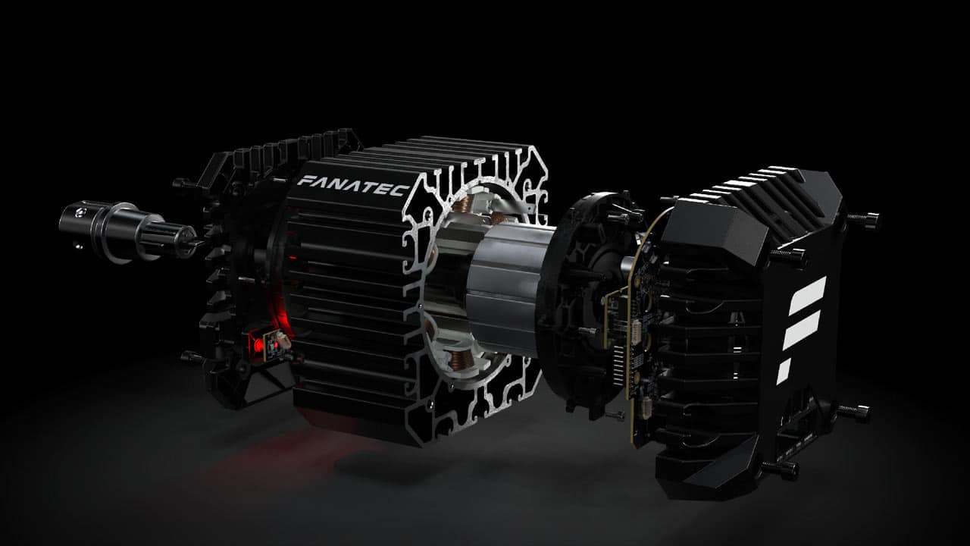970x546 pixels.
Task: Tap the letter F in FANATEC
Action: pos(304,181)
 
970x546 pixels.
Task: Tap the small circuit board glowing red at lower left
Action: pos(272,346)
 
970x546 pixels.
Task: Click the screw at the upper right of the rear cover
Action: pos(864,221)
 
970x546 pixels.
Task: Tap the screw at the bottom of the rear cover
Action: pos(780,469)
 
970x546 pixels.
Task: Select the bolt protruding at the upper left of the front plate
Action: pos(183,184)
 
